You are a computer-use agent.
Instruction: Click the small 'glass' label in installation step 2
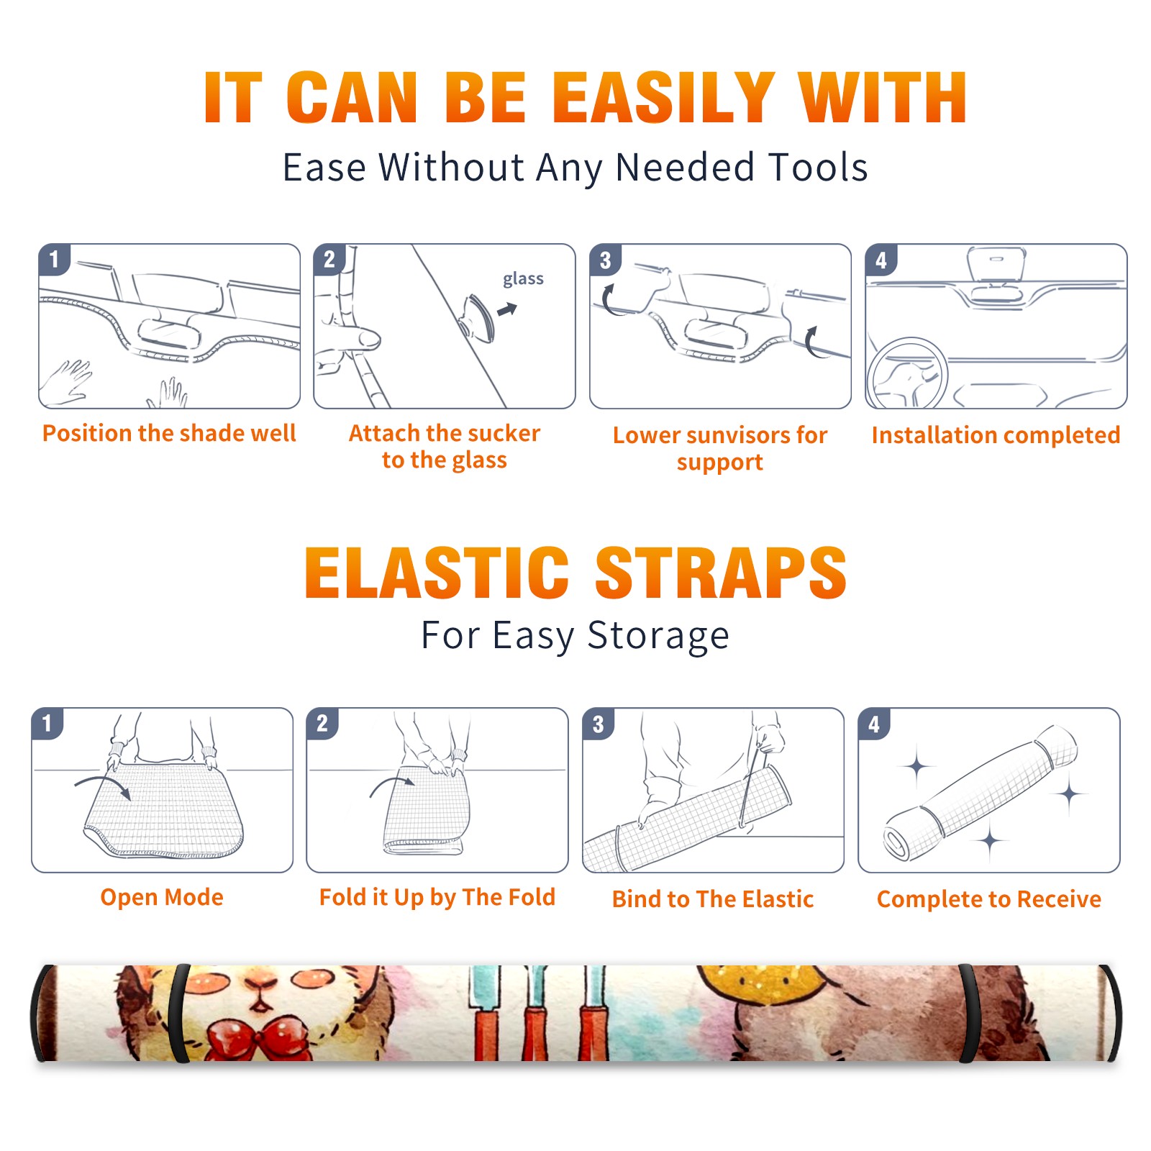coord(523,279)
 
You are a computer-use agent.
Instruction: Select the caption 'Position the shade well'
coord(169,433)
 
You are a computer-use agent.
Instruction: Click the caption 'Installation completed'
coord(996,435)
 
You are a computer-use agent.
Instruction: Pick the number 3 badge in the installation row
coord(605,260)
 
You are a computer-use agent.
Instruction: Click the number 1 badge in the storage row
coord(47,723)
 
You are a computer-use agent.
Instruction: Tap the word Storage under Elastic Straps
coord(658,636)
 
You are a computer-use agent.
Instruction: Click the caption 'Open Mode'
coord(162,897)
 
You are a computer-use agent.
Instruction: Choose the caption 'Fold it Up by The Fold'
coord(437,897)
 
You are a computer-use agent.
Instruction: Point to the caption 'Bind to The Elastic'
coord(713,898)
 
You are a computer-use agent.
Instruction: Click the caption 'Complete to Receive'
coord(989,898)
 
